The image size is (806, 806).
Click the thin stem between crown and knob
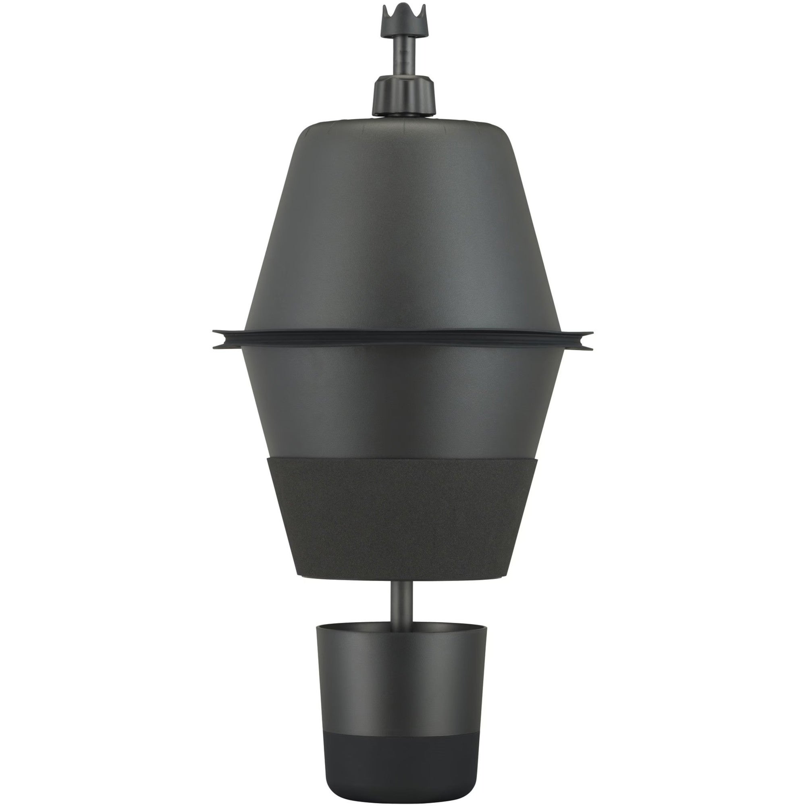[x=403, y=54]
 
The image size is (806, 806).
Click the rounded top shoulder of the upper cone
[x=403, y=125]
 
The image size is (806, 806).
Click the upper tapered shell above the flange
[x=403, y=229]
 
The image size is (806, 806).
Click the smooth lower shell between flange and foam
[x=403, y=396]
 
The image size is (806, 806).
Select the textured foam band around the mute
[x=403, y=517]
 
